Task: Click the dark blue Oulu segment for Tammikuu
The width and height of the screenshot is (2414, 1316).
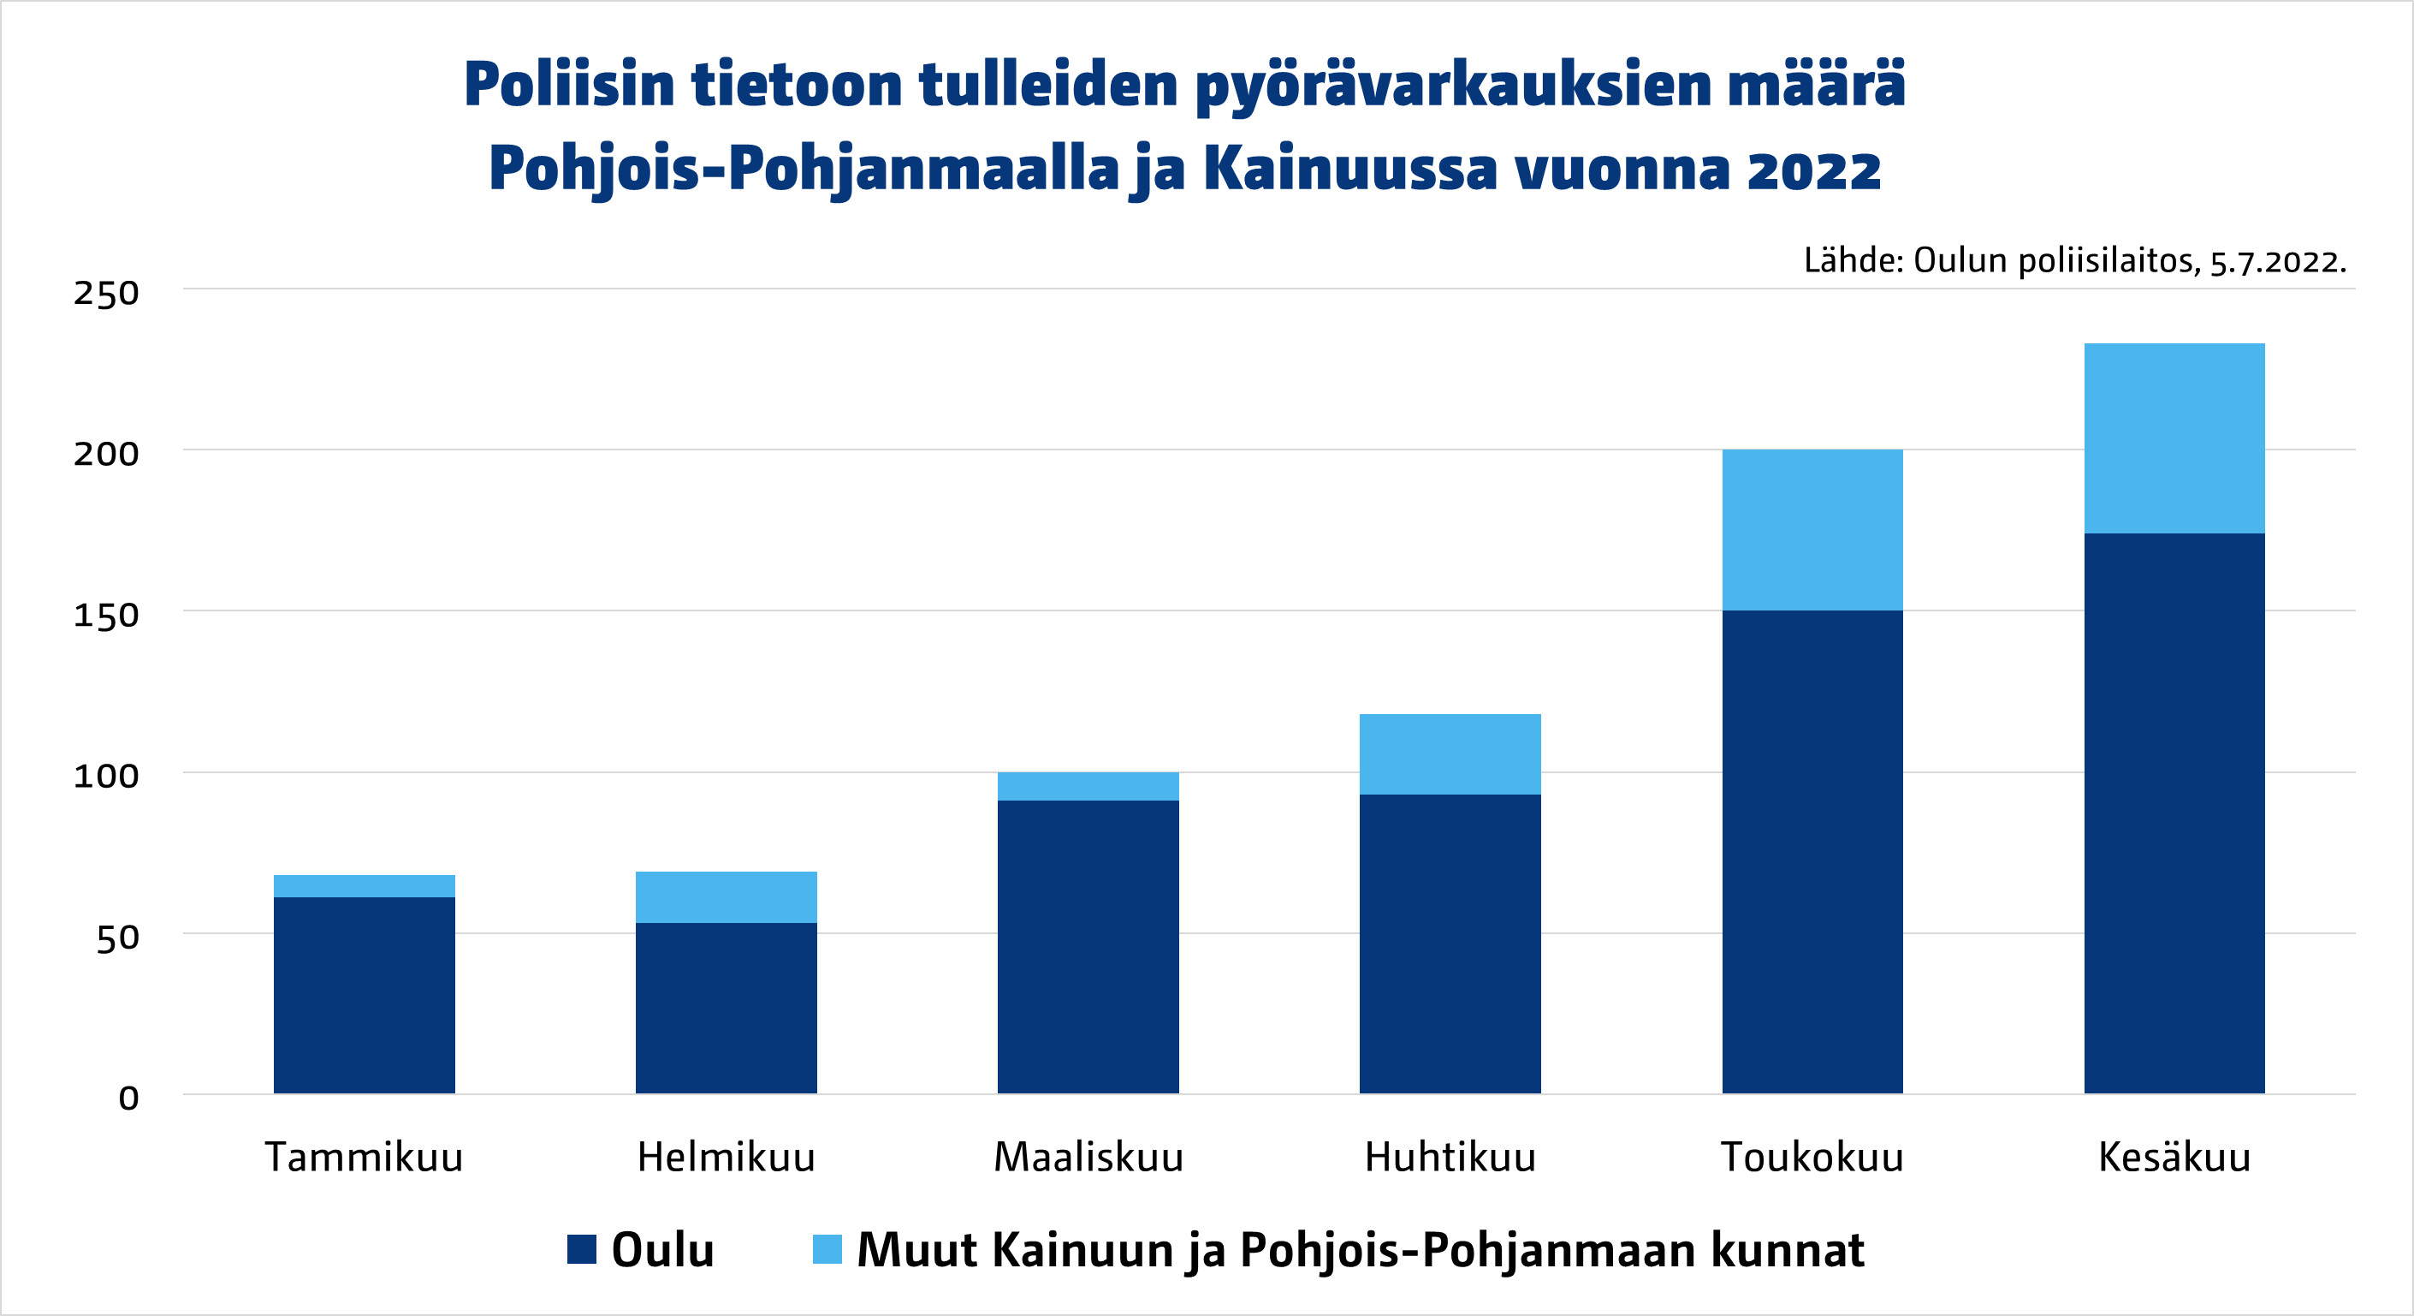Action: [364, 995]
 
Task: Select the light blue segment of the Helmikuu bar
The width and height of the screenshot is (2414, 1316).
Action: [727, 897]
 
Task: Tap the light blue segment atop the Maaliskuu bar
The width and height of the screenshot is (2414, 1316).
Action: [1088, 786]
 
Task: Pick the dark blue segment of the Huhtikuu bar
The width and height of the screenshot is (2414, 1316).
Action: [1450, 943]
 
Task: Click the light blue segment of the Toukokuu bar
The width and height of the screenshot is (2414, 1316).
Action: [1812, 530]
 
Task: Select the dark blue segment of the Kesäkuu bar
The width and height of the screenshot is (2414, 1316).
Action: [2174, 813]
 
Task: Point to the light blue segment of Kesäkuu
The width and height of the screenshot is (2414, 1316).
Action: [2174, 438]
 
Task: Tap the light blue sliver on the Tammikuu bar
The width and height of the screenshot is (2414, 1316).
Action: [364, 886]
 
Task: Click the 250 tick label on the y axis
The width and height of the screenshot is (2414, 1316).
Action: [106, 294]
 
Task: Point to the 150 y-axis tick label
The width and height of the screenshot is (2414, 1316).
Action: [106, 616]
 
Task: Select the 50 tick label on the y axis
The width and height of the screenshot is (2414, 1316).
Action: [117, 938]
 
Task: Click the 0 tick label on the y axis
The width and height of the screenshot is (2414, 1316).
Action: [128, 1098]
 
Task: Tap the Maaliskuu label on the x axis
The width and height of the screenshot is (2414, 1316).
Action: [1088, 1158]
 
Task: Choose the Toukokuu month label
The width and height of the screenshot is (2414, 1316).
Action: [1812, 1158]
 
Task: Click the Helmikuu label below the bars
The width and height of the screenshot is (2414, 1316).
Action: [727, 1158]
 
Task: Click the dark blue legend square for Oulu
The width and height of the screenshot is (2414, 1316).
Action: [582, 1249]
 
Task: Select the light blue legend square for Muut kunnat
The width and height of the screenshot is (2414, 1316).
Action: [827, 1249]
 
